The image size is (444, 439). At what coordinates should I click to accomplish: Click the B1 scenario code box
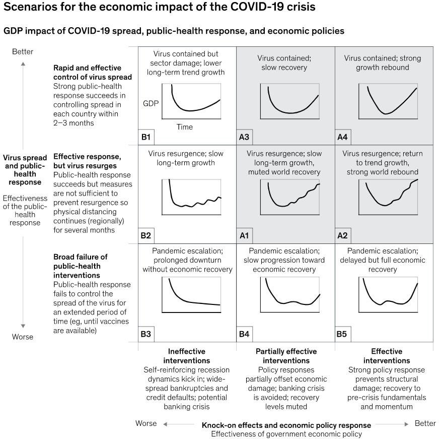[145, 137]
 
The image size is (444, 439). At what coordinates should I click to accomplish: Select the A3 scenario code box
[244, 137]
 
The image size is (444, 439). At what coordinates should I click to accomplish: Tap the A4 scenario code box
[343, 137]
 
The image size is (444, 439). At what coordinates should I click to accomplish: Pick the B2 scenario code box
[145, 235]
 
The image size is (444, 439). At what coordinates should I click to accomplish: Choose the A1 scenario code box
[244, 235]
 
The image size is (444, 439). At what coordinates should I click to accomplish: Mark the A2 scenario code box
[343, 235]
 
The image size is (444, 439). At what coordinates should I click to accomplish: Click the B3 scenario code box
[145, 334]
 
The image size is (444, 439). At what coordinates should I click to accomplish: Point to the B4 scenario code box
[244, 334]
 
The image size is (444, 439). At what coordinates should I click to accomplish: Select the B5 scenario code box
[343, 334]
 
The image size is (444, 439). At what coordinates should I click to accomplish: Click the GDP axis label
[151, 103]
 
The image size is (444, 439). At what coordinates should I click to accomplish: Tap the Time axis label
[184, 127]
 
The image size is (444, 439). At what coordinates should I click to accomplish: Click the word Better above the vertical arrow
[23, 51]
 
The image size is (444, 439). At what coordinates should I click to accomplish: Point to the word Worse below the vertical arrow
[23, 337]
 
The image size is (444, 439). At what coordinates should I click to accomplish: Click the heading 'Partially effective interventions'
[286, 356]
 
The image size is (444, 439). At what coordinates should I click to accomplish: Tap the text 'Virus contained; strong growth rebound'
[383, 62]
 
